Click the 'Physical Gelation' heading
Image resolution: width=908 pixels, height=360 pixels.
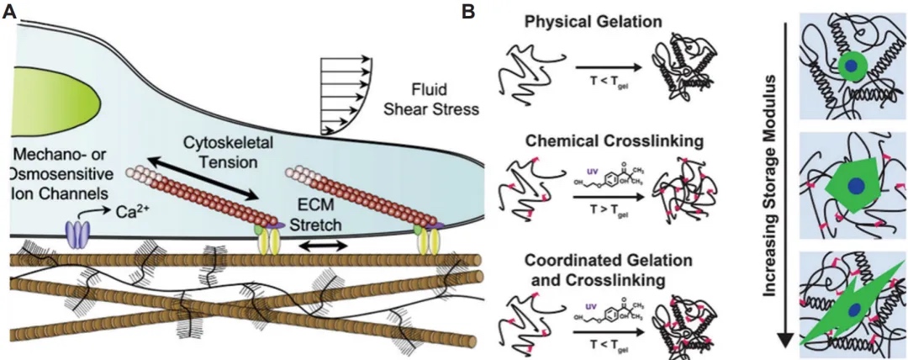tap(580, 21)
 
